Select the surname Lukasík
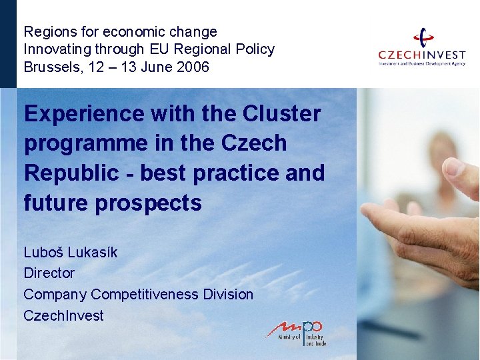[92, 252]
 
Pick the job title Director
[49, 273]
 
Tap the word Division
[229, 294]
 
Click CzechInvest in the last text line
[64, 315]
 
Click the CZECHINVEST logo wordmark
[421, 55]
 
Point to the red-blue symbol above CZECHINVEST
[423, 37]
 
